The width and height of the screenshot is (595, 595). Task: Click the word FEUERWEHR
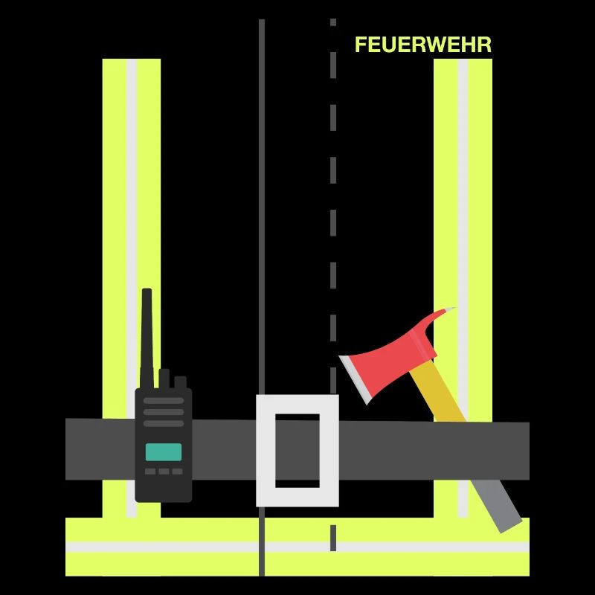point(423,45)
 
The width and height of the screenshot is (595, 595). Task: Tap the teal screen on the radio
point(164,452)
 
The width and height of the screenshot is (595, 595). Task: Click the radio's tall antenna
point(147,338)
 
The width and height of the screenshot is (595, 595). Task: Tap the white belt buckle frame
point(297,451)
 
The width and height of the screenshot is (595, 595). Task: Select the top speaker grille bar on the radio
point(164,401)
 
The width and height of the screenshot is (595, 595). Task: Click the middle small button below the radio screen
point(164,472)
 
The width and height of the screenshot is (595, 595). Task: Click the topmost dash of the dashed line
point(333,22)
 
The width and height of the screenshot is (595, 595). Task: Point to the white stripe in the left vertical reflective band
point(132,288)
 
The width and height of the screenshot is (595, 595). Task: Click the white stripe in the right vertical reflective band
point(463,288)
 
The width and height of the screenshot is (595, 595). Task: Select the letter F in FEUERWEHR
point(361,45)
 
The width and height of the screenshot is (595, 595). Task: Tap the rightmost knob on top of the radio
point(180,382)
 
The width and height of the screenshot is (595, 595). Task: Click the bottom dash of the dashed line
point(333,538)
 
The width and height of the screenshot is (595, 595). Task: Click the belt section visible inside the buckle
point(297,451)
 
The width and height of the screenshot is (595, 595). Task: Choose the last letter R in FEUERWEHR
point(485,45)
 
